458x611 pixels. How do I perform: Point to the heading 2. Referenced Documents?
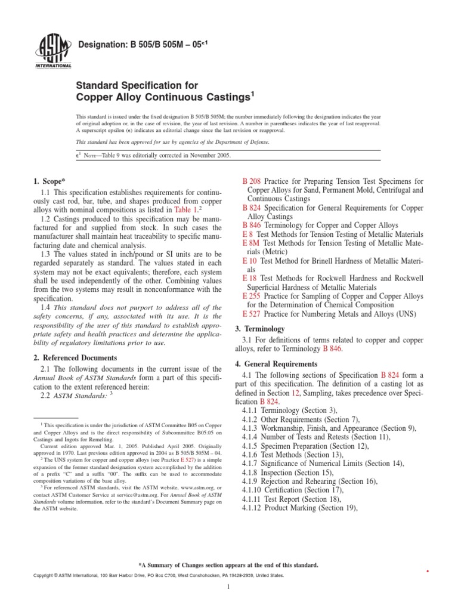(73, 358)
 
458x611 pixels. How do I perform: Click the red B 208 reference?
(251, 181)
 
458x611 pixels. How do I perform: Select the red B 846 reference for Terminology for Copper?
(251, 226)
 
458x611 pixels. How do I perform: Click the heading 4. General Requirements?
(276, 364)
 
